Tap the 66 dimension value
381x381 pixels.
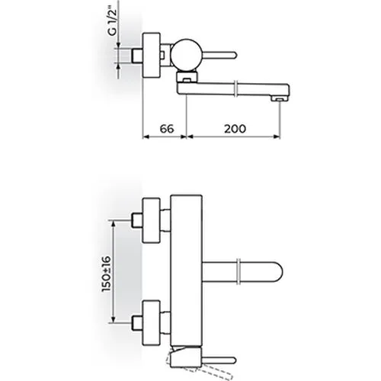click(167, 129)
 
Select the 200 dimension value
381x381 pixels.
click(235, 129)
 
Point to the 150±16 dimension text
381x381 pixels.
click(107, 274)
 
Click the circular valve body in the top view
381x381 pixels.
click(187, 55)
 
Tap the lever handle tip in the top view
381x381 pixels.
click(234, 55)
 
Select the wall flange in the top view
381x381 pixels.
click(152, 55)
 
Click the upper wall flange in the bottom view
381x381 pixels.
click(152, 220)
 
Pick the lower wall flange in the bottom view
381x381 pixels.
click(152, 323)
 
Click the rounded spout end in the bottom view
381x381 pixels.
click(276, 272)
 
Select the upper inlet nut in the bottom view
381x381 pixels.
click(136, 220)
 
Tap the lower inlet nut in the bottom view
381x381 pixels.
click(136, 323)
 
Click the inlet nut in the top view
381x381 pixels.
click(136, 56)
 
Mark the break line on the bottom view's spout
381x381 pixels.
click(239, 272)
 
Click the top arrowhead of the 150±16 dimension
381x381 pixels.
click(114, 223)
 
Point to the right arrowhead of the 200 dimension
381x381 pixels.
click(277, 136)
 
